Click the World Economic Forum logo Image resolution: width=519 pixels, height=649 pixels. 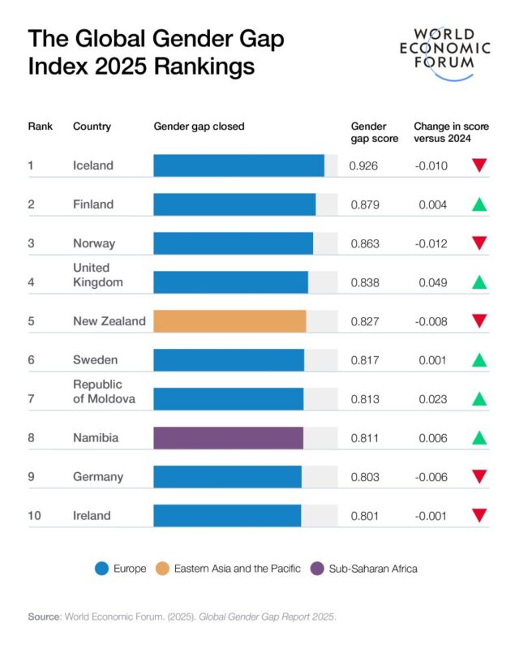[x=452, y=53]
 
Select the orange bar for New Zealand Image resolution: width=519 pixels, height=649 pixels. [x=229, y=321]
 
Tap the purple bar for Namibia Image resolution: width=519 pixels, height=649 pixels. [x=228, y=438]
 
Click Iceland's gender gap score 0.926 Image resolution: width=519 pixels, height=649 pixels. [x=363, y=165]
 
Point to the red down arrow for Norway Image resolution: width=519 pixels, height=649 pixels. [x=479, y=243]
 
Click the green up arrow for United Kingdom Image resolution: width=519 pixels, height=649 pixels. [x=479, y=282]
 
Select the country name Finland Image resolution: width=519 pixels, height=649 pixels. [x=93, y=204]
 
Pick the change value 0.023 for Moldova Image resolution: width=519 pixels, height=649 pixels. [x=433, y=399]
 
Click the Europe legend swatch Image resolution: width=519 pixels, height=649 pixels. [x=102, y=569]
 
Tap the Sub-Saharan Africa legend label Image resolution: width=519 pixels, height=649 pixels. [x=373, y=569]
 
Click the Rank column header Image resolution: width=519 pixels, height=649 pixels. [x=40, y=127]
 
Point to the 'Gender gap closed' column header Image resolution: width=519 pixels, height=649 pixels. [x=199, y=127]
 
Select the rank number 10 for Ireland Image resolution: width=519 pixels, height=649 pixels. [x=35, y=516]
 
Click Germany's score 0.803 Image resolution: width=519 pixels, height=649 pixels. [x=364, y=477]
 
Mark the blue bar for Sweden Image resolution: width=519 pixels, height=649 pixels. [x=229, y=360]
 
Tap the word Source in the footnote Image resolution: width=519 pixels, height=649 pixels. [x=45, y=617]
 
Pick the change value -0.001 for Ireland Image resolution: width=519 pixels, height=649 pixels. [x=433, y=516]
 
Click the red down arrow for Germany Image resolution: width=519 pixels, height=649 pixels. [x=479, y=477]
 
